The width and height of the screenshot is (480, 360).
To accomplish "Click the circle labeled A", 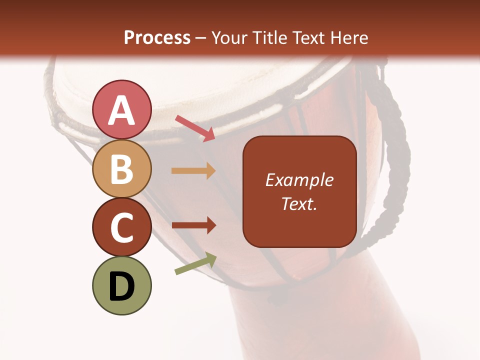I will click(121, 109).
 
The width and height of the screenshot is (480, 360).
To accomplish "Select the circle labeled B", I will click(121, 168).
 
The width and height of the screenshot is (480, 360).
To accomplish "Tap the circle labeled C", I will click(121, 227).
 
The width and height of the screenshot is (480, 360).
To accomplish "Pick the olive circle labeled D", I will click(121, 286).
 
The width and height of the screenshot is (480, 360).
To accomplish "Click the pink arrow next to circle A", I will click(195, 128).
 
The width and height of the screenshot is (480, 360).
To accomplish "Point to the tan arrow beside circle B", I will click(193, 171).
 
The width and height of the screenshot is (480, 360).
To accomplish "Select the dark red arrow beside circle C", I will click(193, 225).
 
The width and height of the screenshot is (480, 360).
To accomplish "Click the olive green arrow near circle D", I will click(195, 264).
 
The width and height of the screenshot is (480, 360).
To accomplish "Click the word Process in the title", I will click(157, 37).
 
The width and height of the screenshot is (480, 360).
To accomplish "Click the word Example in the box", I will click(299, 180).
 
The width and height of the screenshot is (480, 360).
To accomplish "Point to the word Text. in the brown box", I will click(299, 203).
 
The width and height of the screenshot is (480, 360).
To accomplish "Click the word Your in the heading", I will click(229, 37).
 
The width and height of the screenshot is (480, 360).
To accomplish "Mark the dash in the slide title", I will click(201, 38).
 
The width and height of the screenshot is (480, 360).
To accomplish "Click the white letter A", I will click(121, 110).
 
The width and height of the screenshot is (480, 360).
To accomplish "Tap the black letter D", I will click(121, 286).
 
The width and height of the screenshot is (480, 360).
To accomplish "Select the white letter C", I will click(121, 228).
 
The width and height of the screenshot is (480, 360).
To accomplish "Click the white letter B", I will click(121, 169).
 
